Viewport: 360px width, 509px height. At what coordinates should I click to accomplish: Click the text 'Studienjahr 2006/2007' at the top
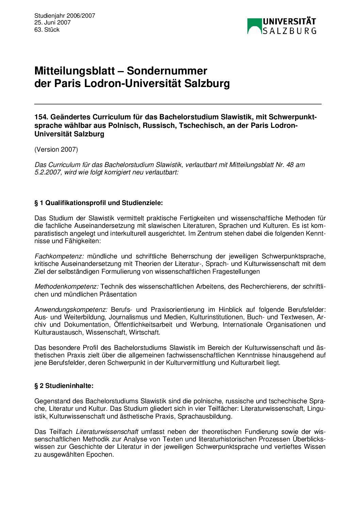[65, 16]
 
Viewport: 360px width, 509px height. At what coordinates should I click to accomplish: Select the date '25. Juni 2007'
[52, 22]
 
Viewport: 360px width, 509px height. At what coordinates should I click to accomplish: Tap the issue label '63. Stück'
[47, 30]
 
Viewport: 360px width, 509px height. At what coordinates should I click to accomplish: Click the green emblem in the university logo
[254, 26]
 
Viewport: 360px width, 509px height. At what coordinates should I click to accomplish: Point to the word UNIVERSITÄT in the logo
[289, 22]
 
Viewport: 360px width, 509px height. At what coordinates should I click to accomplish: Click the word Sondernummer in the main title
[167, 71]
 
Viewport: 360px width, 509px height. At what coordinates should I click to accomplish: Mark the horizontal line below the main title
[178, 103]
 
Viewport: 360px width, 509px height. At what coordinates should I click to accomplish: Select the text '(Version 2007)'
[56, 149]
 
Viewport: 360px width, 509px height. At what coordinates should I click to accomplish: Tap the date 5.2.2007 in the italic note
[48, 172]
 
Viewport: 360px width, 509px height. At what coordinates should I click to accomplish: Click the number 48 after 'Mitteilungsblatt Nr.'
[290, 165]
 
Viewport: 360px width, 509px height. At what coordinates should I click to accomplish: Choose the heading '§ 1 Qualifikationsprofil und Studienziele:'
[99, 203]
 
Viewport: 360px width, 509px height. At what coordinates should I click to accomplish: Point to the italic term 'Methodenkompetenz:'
[66, 287]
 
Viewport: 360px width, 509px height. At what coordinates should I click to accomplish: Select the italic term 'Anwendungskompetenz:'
[71, 309]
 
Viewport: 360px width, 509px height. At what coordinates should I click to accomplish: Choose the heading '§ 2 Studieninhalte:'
[64, 386]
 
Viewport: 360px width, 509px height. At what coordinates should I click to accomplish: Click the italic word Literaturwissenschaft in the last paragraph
[107, 431]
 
